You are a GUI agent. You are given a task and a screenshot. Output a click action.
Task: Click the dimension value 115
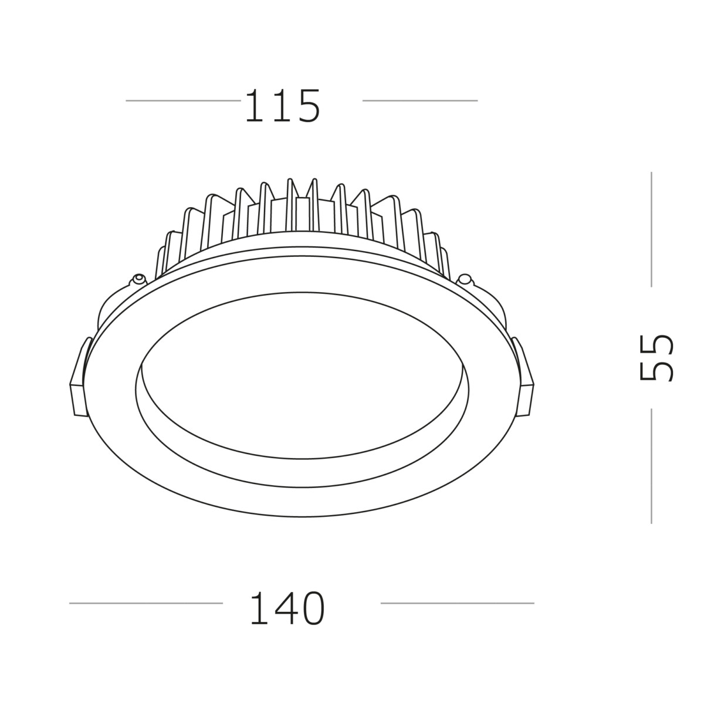point(282,106)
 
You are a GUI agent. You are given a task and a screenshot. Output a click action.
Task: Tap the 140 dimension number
point(287,608)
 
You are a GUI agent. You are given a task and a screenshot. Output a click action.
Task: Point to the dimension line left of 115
point(182,100)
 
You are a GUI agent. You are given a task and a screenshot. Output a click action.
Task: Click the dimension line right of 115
point(419,100)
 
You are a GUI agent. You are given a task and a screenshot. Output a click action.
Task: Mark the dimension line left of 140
point(145,603)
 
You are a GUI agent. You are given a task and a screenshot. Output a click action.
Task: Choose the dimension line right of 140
point(457,603)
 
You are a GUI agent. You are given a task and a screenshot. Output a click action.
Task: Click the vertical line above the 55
point(651,229)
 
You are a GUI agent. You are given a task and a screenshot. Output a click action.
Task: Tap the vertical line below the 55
point(651,466)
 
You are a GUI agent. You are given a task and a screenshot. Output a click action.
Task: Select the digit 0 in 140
point(312,608)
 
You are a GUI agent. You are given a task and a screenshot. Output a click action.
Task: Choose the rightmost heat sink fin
point(444,262)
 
